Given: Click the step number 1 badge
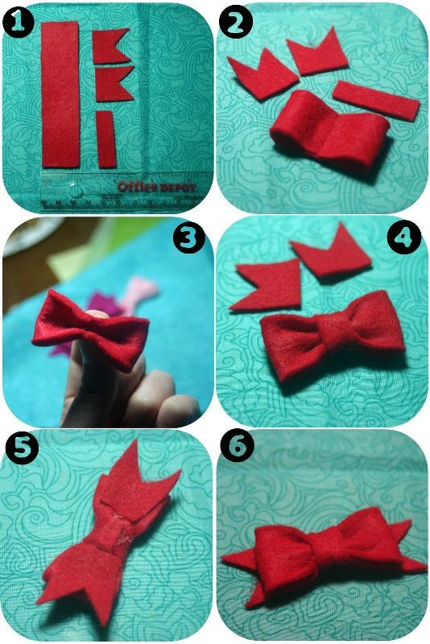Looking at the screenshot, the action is pyautogui.click(x=18, y=23).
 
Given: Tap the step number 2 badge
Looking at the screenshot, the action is pyautogui.click(x=234, y=23).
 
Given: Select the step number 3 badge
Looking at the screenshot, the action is pyautogui.click(x=188, y=238).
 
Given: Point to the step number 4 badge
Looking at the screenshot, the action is pyautogui.click(x=404, y=238).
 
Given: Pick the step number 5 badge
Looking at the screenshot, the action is pyautogui.click(x=23, y=448).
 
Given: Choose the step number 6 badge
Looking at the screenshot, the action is pyautogui.click(x=237, y=448).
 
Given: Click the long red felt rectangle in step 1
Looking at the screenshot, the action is pyautogui.click(x=60, y=94).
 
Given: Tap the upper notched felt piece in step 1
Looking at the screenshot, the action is pyautogui.click(x=110, y=46).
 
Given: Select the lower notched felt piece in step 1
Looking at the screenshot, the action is pyautogui.click(x=113, y=84).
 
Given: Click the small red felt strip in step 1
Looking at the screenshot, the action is pyautogui.click(x=106, y=138).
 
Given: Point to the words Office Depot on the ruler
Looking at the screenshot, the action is pyautogui.click(x=156, y=187).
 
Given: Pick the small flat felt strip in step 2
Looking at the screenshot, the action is pyautogui.click(x=376, y=101).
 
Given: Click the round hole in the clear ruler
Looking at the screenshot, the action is pyautogui.click(x=75, y=190).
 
